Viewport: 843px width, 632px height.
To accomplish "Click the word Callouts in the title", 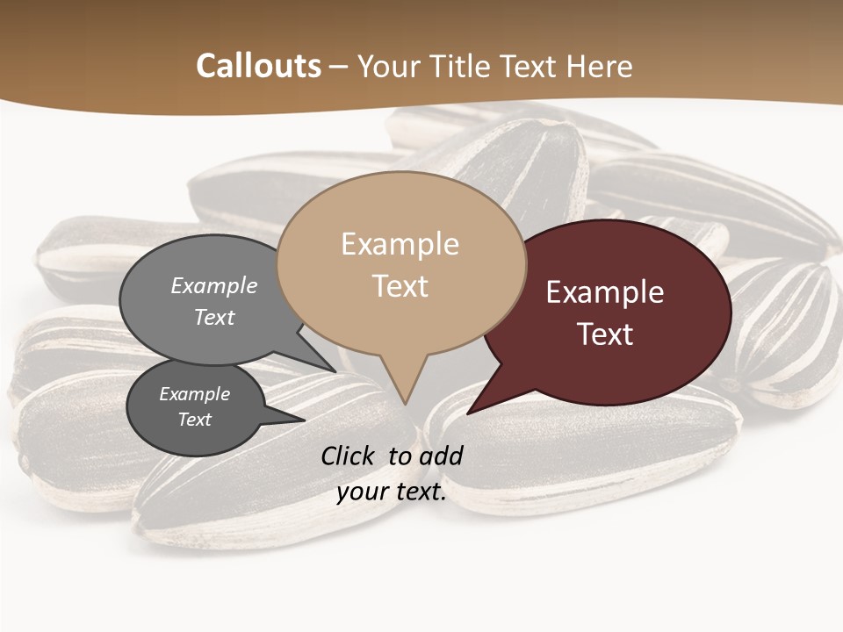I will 258,66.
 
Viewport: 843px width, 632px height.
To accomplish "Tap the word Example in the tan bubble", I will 400,244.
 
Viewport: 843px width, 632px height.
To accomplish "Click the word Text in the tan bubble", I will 400,286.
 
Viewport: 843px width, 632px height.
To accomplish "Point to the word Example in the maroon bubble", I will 605,292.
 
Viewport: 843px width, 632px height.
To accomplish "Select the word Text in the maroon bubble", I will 606,334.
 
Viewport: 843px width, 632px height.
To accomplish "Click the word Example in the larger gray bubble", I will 214,286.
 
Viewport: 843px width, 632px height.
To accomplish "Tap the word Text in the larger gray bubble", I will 214,317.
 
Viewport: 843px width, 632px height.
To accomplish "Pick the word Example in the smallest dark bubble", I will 194,394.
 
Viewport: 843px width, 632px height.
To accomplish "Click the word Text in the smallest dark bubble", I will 194,420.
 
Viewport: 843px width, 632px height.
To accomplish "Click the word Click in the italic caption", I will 349,456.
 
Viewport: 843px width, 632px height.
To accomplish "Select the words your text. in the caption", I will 392,492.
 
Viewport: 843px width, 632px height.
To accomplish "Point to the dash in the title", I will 339,67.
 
